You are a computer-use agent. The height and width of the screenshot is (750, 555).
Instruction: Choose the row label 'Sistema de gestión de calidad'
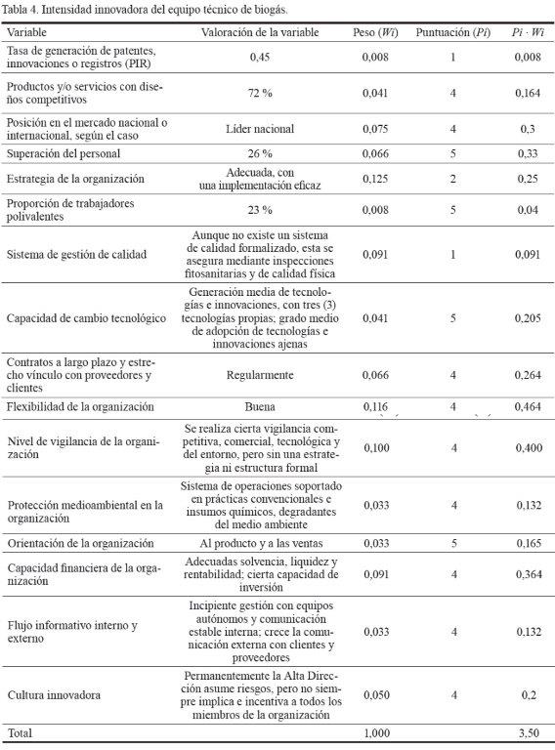tap(76, 254)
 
